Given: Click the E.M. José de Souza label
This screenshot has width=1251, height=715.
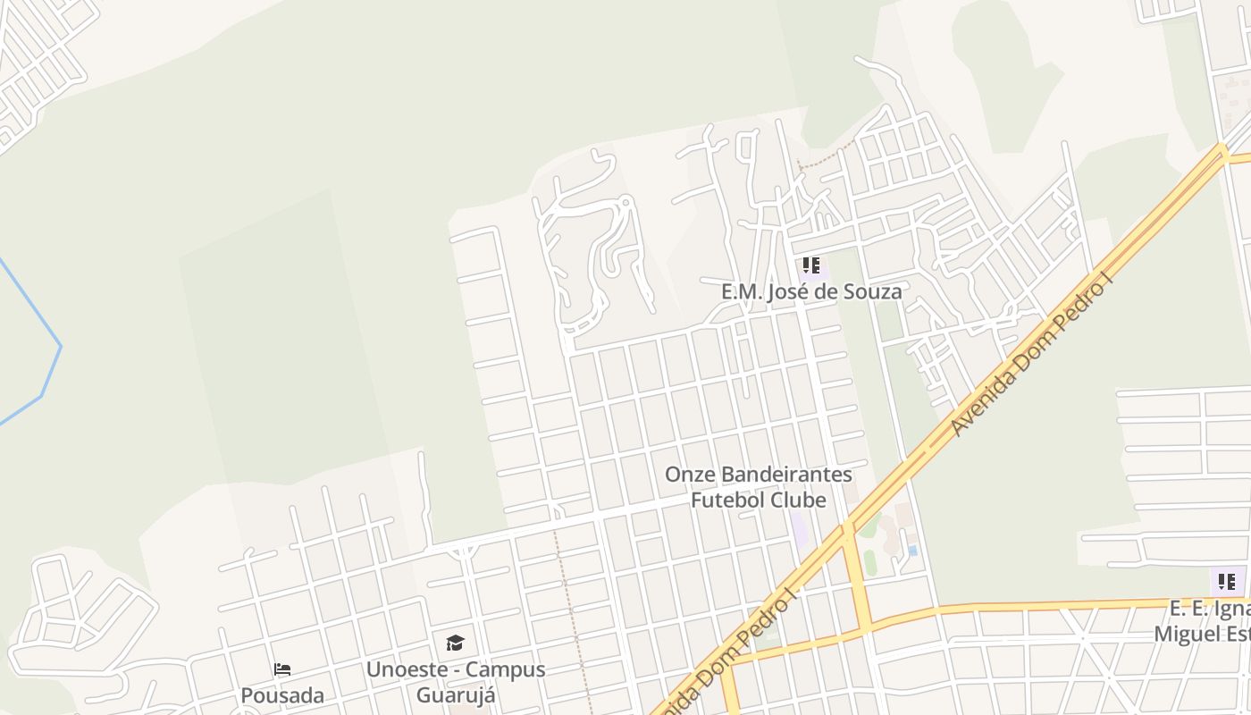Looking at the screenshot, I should pos(811,291).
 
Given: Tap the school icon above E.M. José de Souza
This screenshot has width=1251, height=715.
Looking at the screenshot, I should pos(810,265).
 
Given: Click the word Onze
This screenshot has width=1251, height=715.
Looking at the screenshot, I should pos(689,475).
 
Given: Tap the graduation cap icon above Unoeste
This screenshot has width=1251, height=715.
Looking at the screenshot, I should pos(455,643).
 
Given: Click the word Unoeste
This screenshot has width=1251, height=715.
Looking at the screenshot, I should pos(410,669).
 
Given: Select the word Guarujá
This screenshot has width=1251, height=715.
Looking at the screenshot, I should pos(456,695).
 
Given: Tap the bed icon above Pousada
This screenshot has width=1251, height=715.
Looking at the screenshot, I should pos(282,669).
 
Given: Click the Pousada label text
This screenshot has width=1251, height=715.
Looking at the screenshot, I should pos(282,695).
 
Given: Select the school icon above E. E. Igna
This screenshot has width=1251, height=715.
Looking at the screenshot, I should pos(1227,582).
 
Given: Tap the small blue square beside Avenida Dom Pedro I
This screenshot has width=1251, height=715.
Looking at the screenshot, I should pos(912,551).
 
